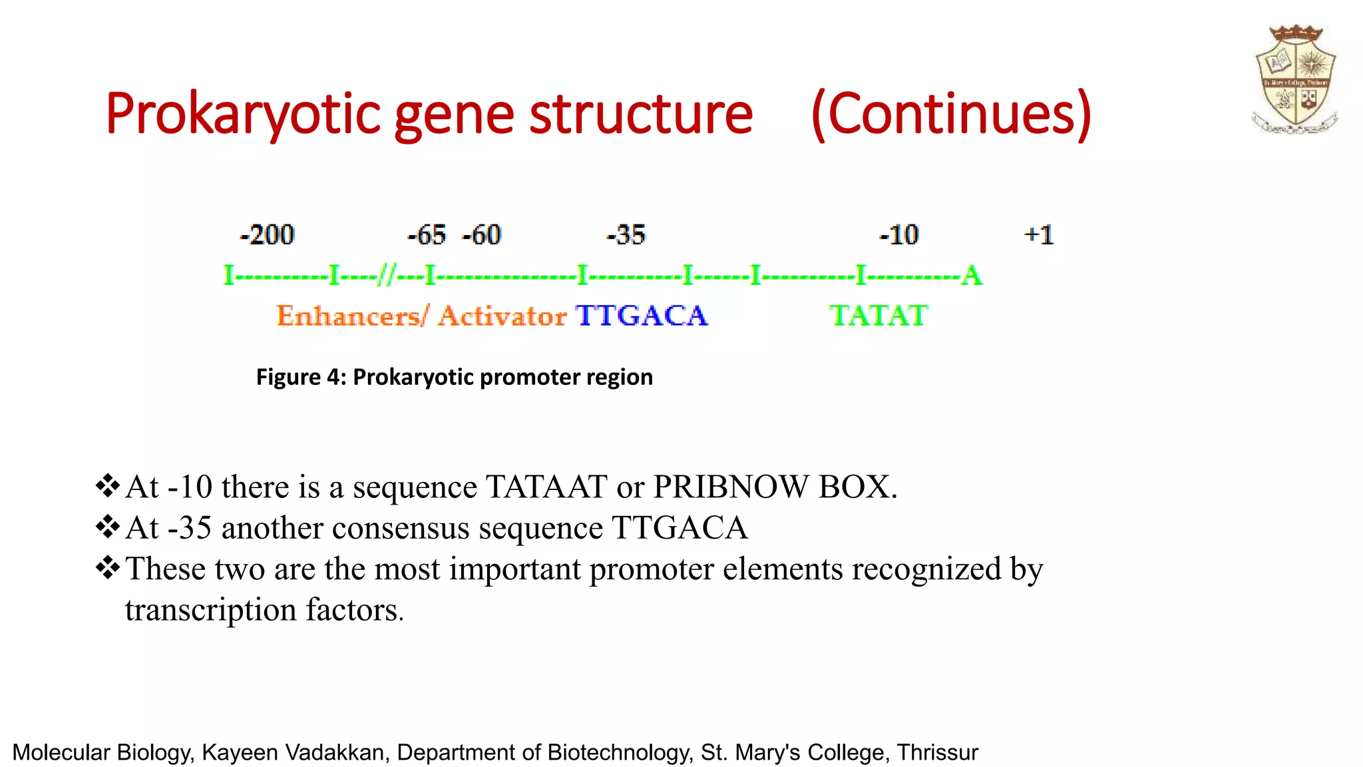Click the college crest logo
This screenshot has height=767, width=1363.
pos(1295,79)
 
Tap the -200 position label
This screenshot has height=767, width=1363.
pos(267,235)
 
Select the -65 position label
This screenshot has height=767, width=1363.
pos(427,235)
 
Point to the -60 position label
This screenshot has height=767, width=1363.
pos(481,235)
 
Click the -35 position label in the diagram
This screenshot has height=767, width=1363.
pos(626,235)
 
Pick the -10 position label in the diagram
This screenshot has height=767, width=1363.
pos(898,235)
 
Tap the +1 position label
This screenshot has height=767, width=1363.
pos(1039,235)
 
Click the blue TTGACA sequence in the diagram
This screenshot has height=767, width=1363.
pos(642,316)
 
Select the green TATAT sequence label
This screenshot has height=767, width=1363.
pos(878,316)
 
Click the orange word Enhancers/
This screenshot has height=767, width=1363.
pos(353,316)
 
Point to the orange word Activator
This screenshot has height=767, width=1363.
pos(502,316)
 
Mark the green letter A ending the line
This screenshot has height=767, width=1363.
pos(972,275)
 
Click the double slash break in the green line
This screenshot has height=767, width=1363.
pos(387,275)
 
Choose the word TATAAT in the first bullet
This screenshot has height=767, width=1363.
pos(546,487)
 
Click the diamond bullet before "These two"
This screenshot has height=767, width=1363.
pos(107,567)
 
